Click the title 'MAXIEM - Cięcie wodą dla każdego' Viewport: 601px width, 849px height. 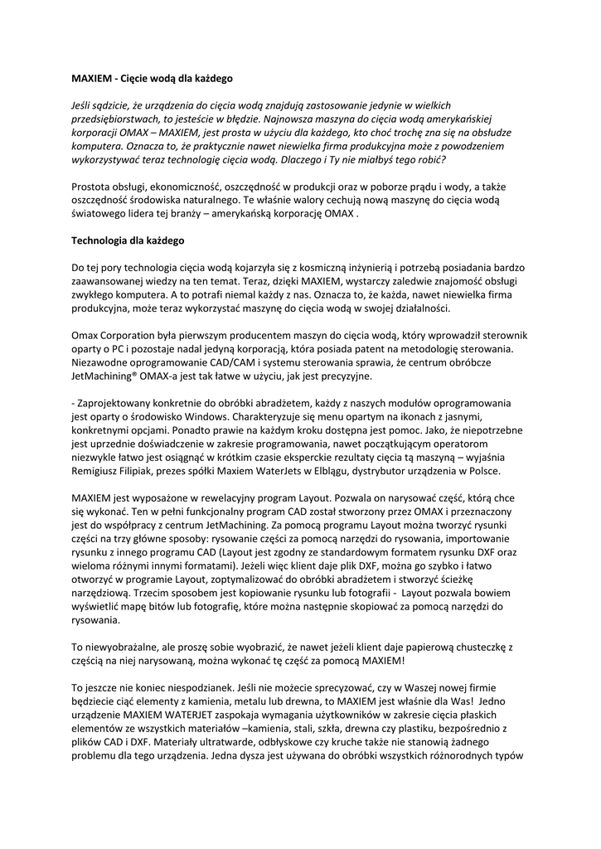(153, 79)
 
